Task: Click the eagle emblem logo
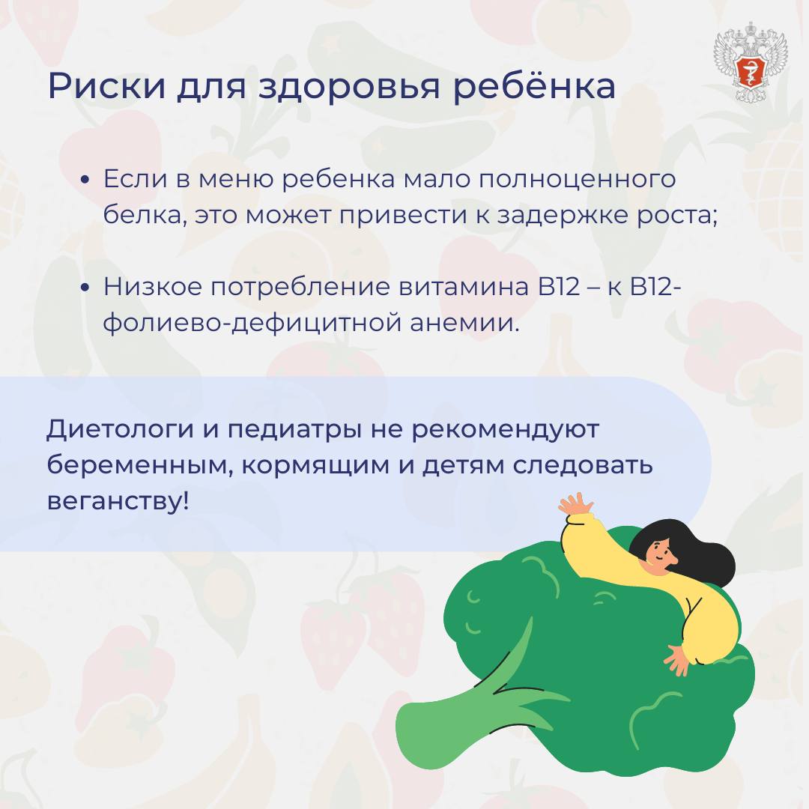click(x=750, y=61)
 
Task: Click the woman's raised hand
click(x=576, y=504)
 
